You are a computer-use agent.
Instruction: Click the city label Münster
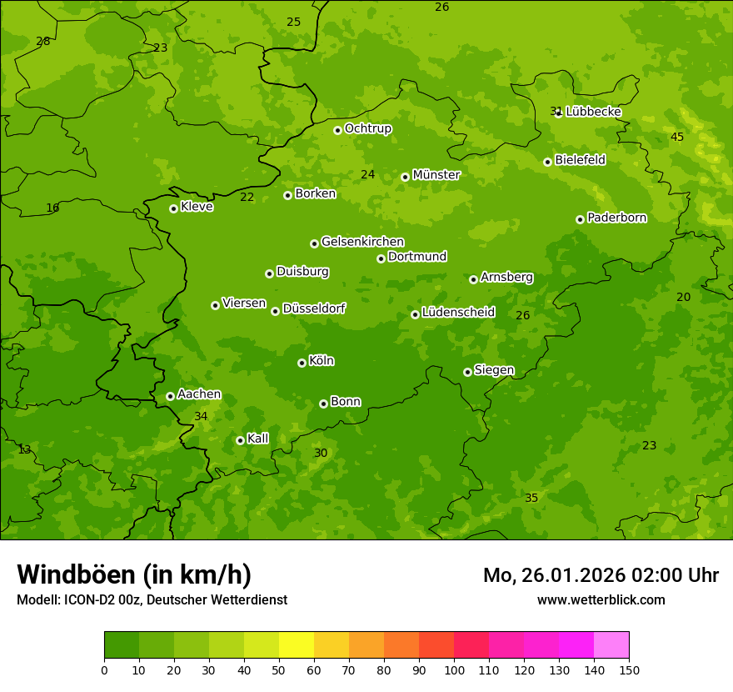click(436, 175)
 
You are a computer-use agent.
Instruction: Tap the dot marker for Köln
click(302, 363)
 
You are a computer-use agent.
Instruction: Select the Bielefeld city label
click(580, 160)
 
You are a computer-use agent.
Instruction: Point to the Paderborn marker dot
click(580, 219)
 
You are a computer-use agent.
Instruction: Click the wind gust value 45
click(677, 137)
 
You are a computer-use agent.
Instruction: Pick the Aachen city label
click(199, 394)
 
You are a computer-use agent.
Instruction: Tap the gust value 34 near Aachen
click(201, 416)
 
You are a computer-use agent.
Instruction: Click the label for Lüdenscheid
click(458, 313)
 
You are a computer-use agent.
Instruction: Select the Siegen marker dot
click(467, 372)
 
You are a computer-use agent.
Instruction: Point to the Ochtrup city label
click(367, 128)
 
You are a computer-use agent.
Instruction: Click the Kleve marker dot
click(173, 208)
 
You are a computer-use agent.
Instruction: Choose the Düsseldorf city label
click(314, 308)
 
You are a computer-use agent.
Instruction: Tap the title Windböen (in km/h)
click(134, 574)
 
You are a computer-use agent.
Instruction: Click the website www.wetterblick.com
click(601, 599)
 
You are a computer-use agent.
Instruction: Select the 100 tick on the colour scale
click(454, 669)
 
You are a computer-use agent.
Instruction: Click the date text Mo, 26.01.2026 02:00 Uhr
click(601, 575)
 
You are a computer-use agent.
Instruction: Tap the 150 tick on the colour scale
click(629, 669)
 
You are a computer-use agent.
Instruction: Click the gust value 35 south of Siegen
click(531, 498)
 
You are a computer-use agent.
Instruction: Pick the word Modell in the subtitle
click(37, 599)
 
